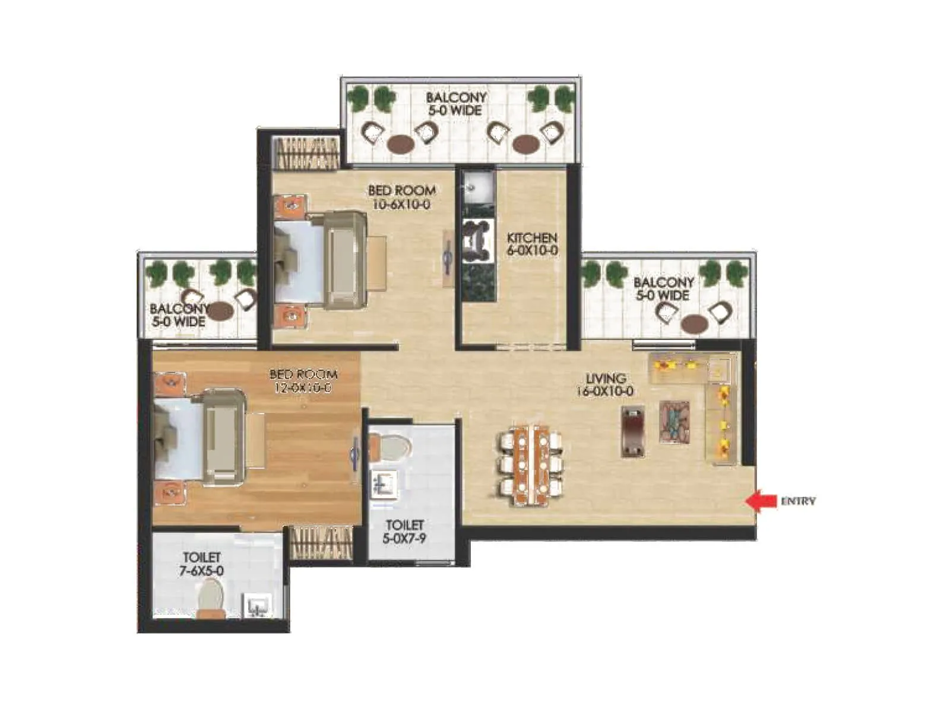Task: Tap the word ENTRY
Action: pos(797,501)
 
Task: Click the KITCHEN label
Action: pos(532,237)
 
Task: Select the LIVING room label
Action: pos(606,378)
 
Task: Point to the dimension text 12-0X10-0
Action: pos(303,388)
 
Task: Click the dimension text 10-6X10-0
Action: pos(401,204)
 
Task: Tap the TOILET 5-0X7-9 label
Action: pos(404,532)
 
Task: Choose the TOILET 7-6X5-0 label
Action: pos(202,564)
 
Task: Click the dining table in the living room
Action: pos(530,464)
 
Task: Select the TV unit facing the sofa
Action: pos(633,431)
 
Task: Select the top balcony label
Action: pos(456,103)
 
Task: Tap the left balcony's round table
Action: pos(219,310)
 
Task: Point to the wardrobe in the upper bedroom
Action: pos(306,153)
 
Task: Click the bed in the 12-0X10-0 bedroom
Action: pos(202,436)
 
